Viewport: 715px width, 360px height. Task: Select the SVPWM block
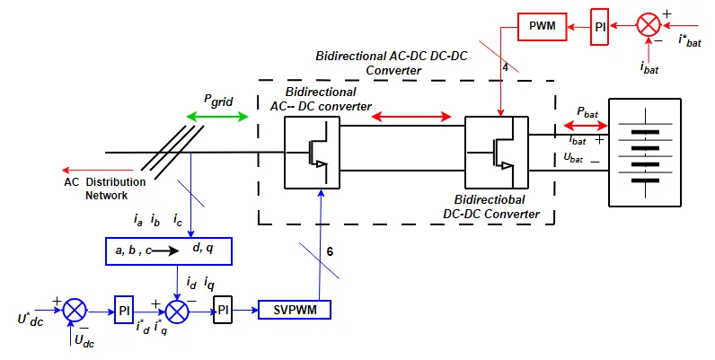click(294, 311)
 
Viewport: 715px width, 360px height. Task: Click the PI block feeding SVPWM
click(223, 311)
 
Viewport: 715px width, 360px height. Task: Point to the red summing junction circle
click(648, 26)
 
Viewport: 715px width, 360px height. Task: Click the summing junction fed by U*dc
click(75, 311)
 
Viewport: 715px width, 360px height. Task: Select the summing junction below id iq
click(178, 311)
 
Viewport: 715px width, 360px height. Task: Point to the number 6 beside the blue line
click(330, 252)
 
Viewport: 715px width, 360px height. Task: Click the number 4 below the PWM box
click(505, 66)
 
